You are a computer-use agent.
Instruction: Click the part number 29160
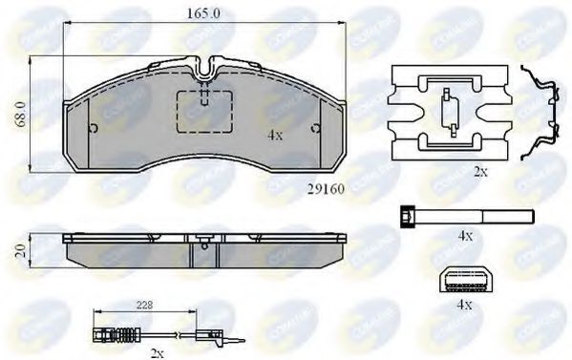(x=326, y=189)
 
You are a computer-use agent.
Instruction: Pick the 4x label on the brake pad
(x=275, y=136)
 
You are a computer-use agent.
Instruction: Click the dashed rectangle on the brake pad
(x=206, y=116)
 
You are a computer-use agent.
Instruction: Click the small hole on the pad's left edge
(x=90, y=130)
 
